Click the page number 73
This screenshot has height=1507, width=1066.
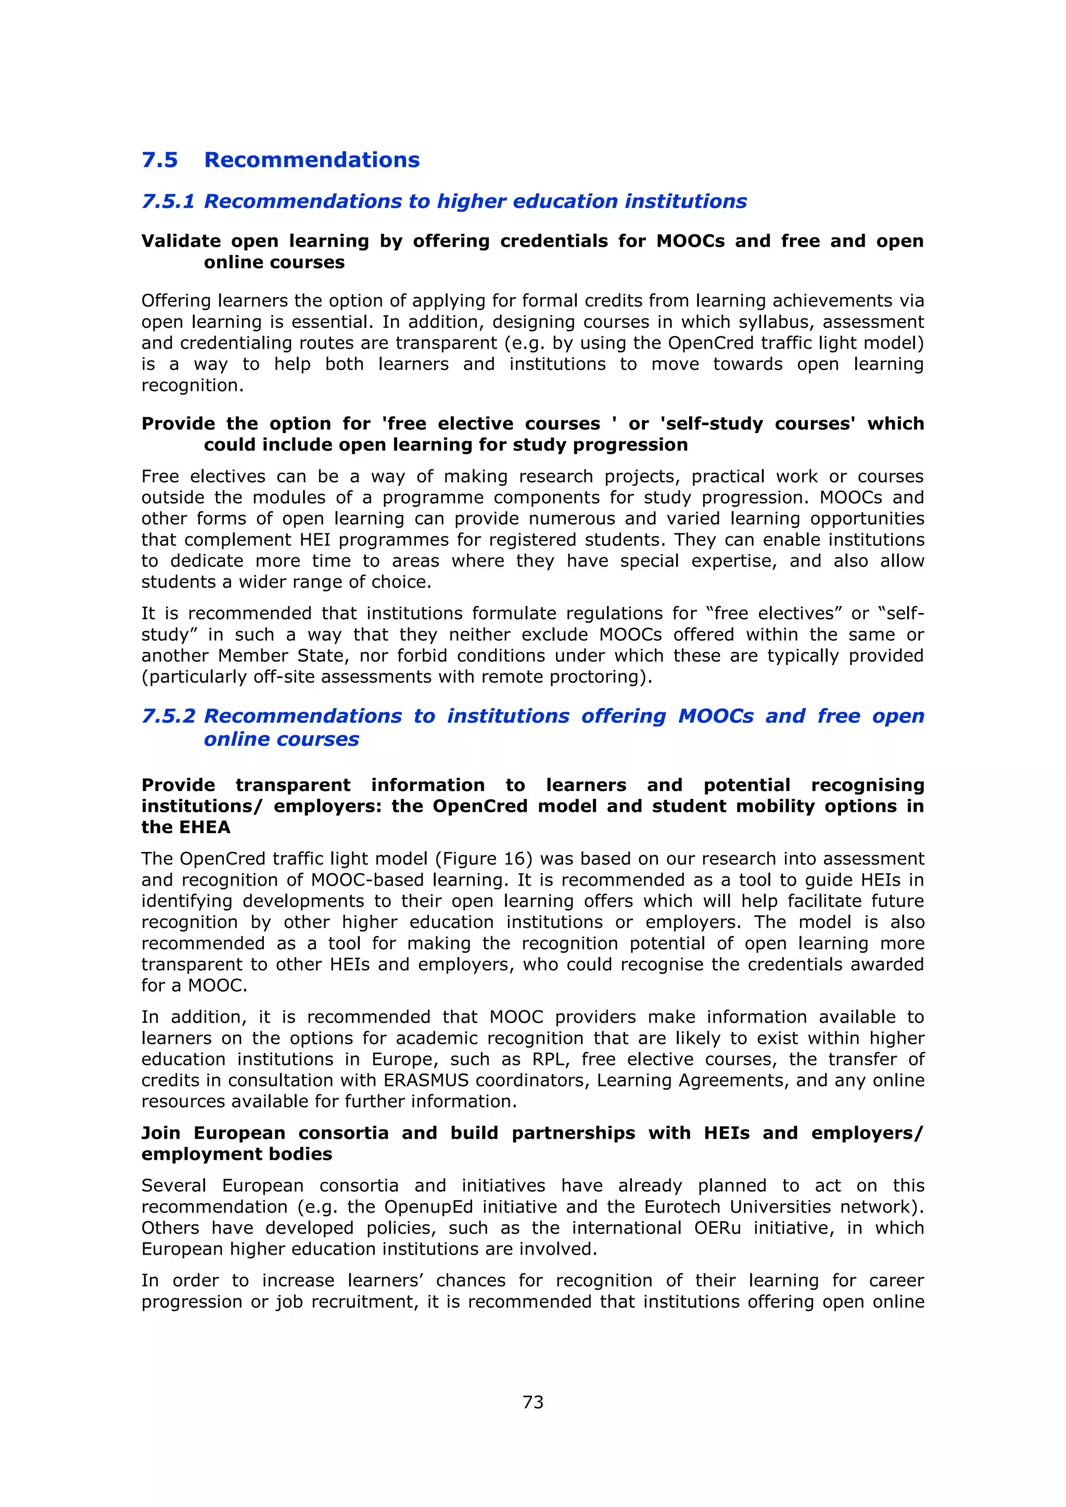point(532,1402)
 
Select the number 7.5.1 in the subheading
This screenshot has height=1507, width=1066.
point(168,201)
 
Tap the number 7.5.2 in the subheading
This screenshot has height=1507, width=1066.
point(168,716)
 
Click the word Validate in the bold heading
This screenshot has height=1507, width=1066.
point(181,241)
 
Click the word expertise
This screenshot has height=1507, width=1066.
point(734,561)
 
